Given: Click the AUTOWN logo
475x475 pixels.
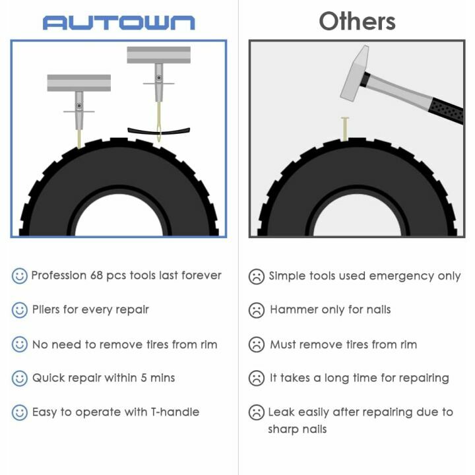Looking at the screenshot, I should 119,22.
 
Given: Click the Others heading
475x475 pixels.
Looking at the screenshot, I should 357,21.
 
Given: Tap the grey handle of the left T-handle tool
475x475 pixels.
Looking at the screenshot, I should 79,83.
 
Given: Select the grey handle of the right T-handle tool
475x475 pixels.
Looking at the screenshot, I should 158,55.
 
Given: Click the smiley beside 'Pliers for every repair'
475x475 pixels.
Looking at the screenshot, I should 20,310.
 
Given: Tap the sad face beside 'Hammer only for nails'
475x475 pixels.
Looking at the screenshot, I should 257,310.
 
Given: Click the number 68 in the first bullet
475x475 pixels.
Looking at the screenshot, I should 98,275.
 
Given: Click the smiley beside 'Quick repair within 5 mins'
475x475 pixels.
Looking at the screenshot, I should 20,379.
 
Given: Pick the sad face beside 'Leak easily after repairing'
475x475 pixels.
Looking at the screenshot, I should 257,413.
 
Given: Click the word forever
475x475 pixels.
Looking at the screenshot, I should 199,275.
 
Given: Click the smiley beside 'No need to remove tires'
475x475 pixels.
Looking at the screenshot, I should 20,344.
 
